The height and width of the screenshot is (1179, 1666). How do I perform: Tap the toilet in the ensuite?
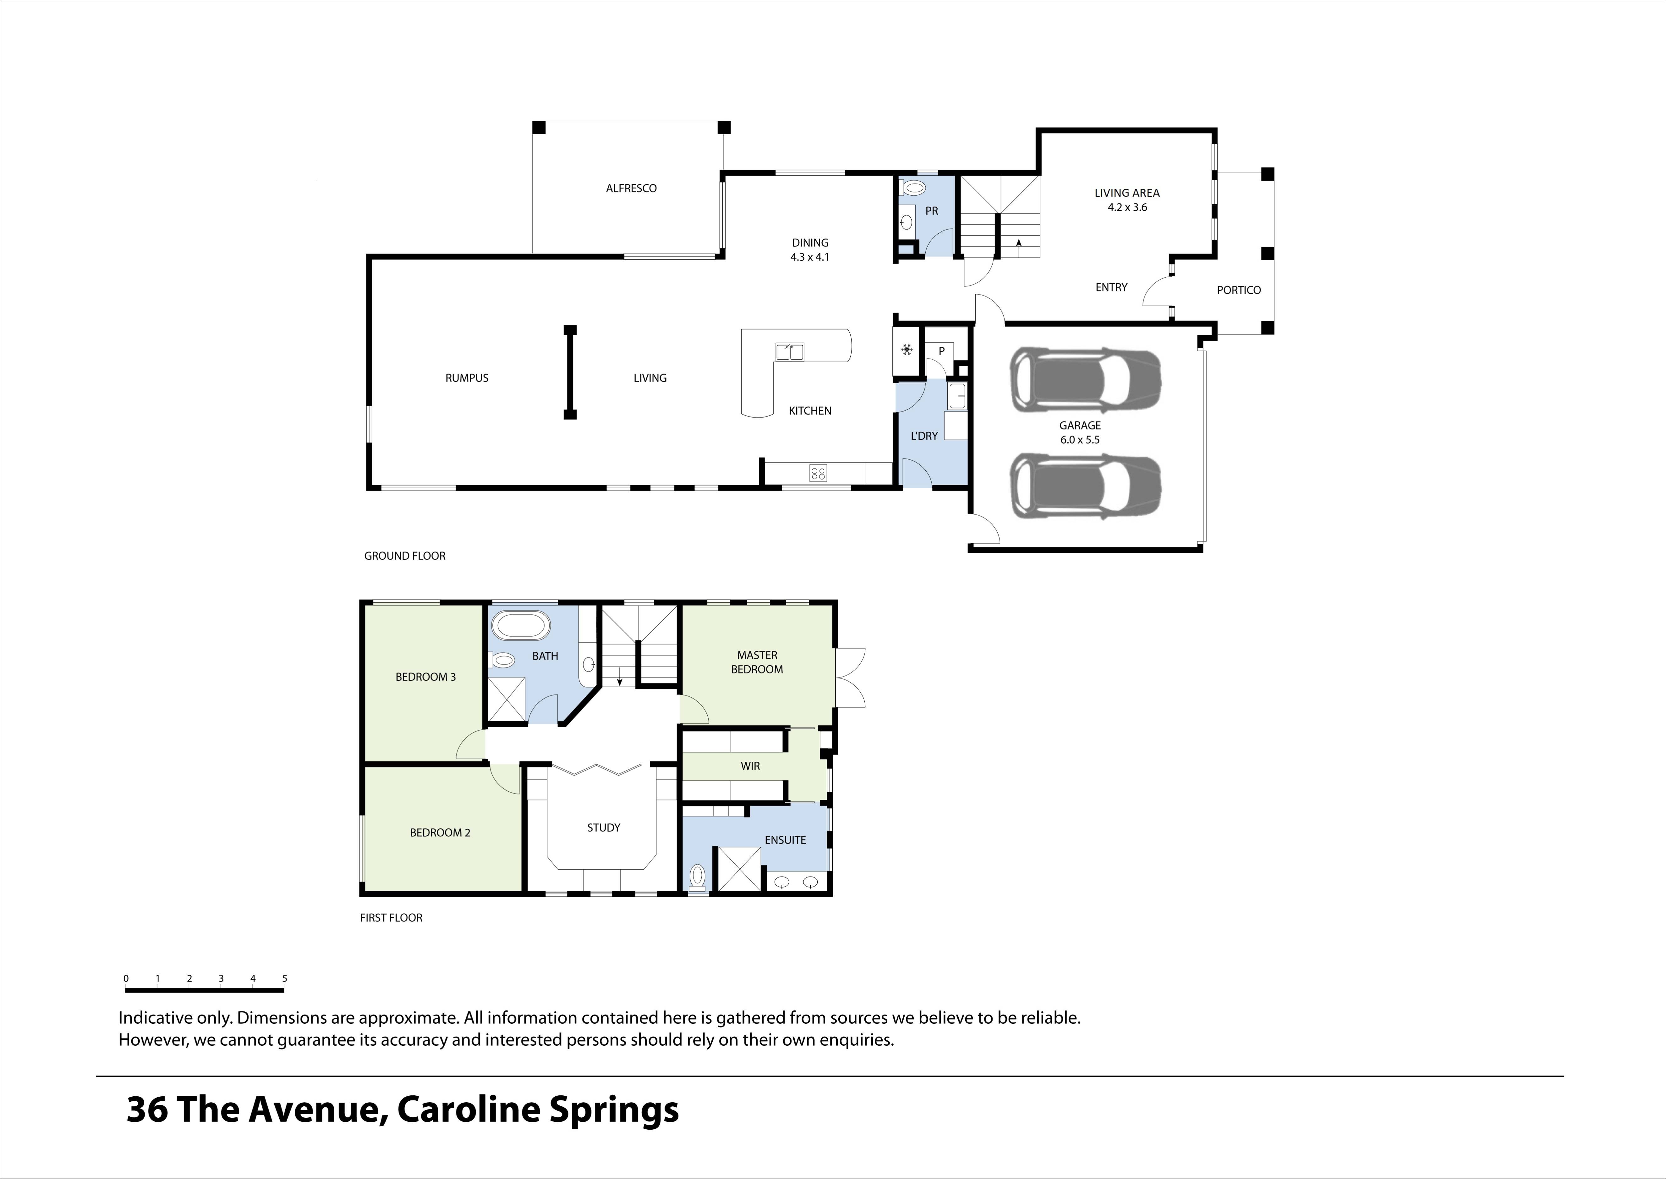pyautogui.click(x=697, y=876)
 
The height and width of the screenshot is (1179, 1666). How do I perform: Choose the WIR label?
pyautogui.click(x=749, y=766)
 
